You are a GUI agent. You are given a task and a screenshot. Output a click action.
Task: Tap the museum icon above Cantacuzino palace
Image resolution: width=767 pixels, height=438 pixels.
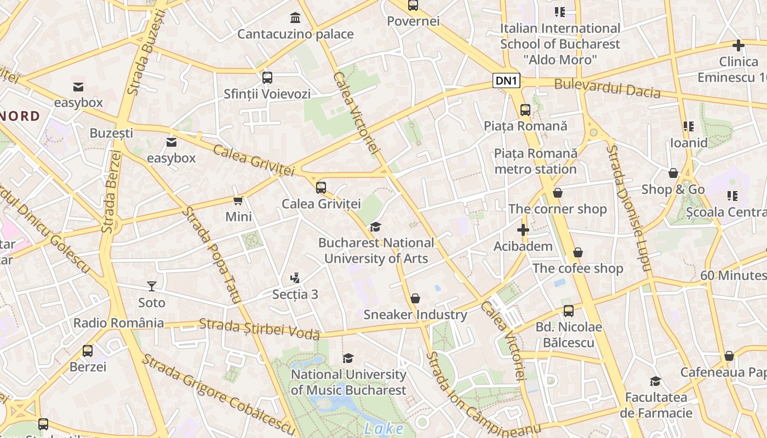click(295, 18)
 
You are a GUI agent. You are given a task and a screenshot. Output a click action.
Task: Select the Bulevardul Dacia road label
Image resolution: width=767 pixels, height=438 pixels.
click(607, 88)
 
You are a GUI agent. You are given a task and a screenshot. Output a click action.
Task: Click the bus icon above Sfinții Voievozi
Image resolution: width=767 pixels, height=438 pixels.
click(267, 78)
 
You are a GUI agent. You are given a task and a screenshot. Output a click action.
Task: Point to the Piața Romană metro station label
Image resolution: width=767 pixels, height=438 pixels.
click(535, 161)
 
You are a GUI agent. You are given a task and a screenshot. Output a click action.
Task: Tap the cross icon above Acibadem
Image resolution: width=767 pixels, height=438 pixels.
click(523, 230)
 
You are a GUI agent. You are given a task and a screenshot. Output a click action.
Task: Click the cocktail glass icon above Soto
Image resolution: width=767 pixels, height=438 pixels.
click(152, 286)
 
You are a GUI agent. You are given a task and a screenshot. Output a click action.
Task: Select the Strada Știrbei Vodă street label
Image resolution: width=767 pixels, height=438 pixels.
click(259, 328)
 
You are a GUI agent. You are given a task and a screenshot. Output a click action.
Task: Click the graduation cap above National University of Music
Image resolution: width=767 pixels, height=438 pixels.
click(348, 358)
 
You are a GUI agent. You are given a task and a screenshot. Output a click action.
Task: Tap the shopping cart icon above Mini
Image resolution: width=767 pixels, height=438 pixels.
click(238, 200)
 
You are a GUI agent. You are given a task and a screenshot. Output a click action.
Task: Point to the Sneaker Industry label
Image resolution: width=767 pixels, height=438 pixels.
click(415, 315)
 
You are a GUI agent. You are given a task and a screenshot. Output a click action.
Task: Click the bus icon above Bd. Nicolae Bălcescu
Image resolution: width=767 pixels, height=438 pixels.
click(569, 311)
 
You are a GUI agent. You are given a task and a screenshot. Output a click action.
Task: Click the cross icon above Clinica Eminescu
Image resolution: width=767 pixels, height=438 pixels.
click(738, 45)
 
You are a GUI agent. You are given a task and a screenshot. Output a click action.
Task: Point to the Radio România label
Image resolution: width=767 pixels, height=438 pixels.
click(118, 323)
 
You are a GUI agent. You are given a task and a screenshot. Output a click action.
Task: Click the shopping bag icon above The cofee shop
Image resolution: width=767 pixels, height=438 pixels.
click(577, 252)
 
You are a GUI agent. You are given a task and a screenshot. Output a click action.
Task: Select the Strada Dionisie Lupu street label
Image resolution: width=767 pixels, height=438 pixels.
click(628, 208)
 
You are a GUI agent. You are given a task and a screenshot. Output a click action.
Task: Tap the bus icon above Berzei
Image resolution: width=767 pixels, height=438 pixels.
click(88, 351)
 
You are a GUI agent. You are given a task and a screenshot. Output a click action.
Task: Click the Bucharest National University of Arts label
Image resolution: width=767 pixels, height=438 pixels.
click(376, 250)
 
